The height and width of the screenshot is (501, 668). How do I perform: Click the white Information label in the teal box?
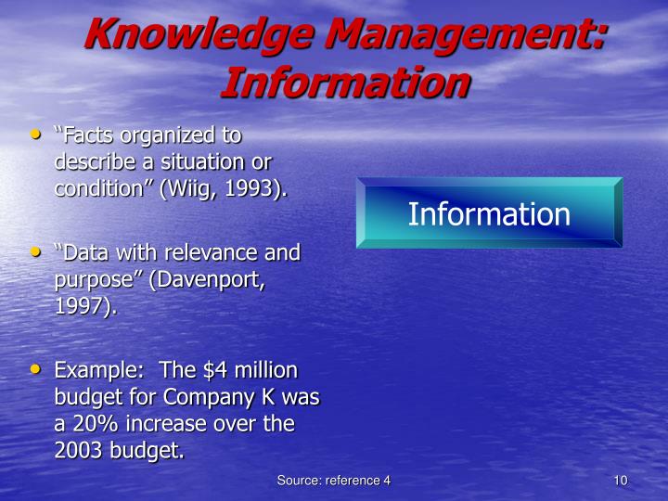489,214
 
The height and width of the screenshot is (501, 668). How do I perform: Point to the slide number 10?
621,480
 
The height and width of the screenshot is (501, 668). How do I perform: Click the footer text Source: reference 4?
333,480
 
